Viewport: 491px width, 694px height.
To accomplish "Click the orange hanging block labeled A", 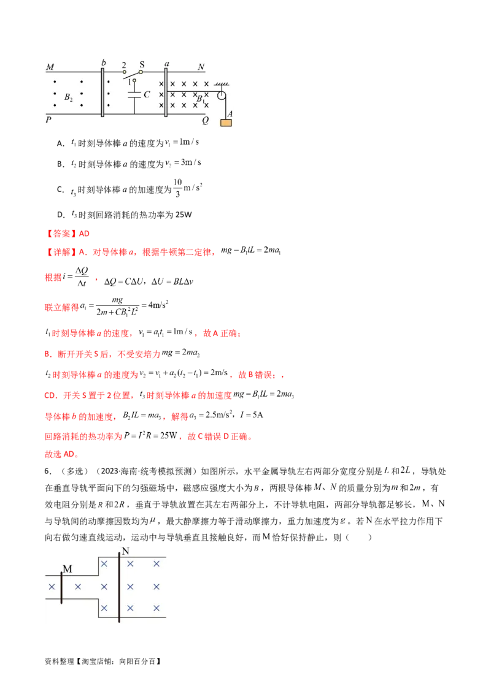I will click(x=226, y=122).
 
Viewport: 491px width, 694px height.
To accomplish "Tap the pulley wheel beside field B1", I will click(x=221, y=96).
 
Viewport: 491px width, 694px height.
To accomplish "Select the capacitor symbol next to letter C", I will click(x=134, y=95).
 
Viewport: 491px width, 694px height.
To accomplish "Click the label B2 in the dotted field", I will click(x=69, y=97).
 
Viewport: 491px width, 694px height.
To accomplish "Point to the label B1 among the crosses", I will click(x=200, y=98).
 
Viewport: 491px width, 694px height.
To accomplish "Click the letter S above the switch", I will click(x=142, y=63).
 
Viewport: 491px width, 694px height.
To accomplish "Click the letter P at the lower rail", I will click(x=48, y=121).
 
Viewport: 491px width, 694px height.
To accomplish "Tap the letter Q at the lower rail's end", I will click(x=205, y=121).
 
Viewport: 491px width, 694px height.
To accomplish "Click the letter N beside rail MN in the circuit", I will click(x=201, y=66).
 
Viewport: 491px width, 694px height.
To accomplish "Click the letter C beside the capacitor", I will click(x=146, y=95).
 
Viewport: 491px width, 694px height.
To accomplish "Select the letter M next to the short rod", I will click(x=68, y=569).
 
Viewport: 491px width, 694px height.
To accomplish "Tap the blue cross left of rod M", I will click(x=51, y=587).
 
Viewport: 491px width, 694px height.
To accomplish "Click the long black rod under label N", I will click(x=119, y=589).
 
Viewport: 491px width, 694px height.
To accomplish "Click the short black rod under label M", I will click(x=61, y=587).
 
